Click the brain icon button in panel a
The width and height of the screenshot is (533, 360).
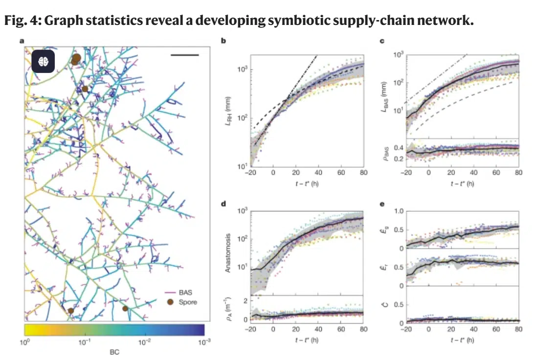tap(43, 61)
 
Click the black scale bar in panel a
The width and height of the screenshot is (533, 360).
tap(185, 55)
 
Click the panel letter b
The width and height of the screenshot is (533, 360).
tap(223, 42)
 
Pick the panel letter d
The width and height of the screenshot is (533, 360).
tap(223, 202)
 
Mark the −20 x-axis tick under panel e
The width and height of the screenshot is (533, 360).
tap(405, 330)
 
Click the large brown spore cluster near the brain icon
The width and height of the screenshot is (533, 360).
tap(76, 59)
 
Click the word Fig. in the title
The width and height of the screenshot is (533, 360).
tap(15, 22)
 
